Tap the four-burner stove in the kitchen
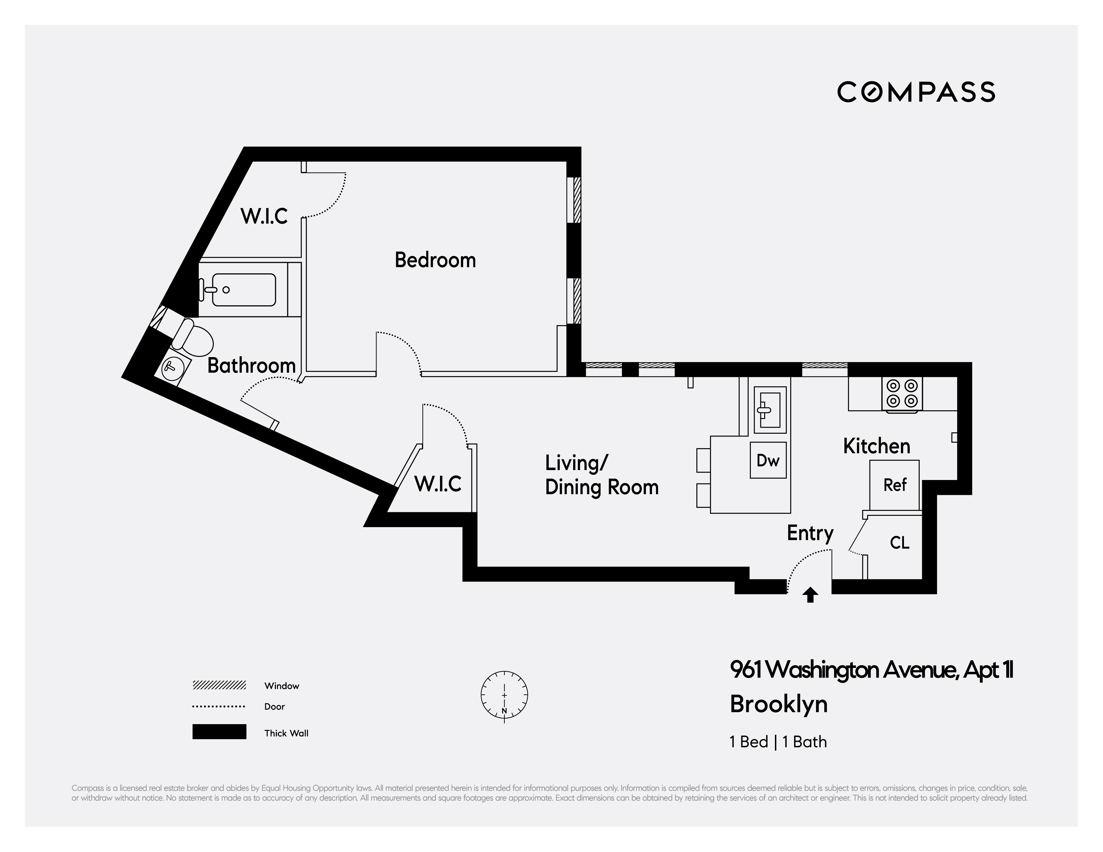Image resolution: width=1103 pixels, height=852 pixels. click(x=902, y=394)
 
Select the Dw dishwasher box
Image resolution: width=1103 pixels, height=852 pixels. click(x=768, y=460)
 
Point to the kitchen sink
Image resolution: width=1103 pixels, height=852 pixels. click(x=770, y=410)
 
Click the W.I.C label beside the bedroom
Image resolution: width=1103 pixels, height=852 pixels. click(x=264, y=216)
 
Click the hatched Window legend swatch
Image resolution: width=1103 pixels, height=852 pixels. click(x=219, y=685)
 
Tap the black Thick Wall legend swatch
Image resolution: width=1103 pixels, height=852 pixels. click(x=219, y=732)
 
